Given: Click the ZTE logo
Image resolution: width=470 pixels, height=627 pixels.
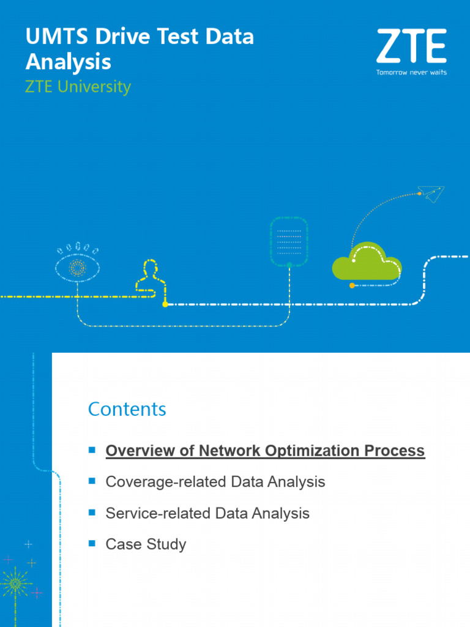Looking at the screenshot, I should pos(411,47).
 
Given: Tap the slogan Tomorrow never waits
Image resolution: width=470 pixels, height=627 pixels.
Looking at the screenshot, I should pos(411,72).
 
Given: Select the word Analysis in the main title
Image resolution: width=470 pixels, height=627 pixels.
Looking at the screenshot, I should pos(68,62).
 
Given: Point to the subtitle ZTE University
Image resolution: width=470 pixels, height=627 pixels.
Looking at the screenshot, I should pos(78,87).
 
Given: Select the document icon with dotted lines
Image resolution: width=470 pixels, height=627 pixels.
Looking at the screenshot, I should pos(289,242).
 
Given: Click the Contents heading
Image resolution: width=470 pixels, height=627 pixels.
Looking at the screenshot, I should pos(127,409).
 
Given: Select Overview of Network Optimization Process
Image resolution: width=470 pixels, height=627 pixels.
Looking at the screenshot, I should pos(265,451).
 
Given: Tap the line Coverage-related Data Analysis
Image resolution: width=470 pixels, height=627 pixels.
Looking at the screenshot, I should pos(215,482).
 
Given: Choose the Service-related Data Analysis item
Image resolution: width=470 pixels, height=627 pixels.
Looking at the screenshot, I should pos(207,513).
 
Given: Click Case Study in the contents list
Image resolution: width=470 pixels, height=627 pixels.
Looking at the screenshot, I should pos(146,544).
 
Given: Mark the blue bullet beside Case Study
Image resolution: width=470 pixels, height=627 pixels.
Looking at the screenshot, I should pos(92,543).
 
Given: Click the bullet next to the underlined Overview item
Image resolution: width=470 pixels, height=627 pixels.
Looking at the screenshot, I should pos(92,450).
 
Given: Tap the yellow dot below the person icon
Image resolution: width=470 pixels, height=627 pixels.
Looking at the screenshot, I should pos(165,304).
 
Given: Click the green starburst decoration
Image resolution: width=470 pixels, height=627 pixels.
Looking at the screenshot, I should pos(15,584).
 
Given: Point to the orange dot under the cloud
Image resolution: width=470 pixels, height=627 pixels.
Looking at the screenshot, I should pos(352,285).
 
